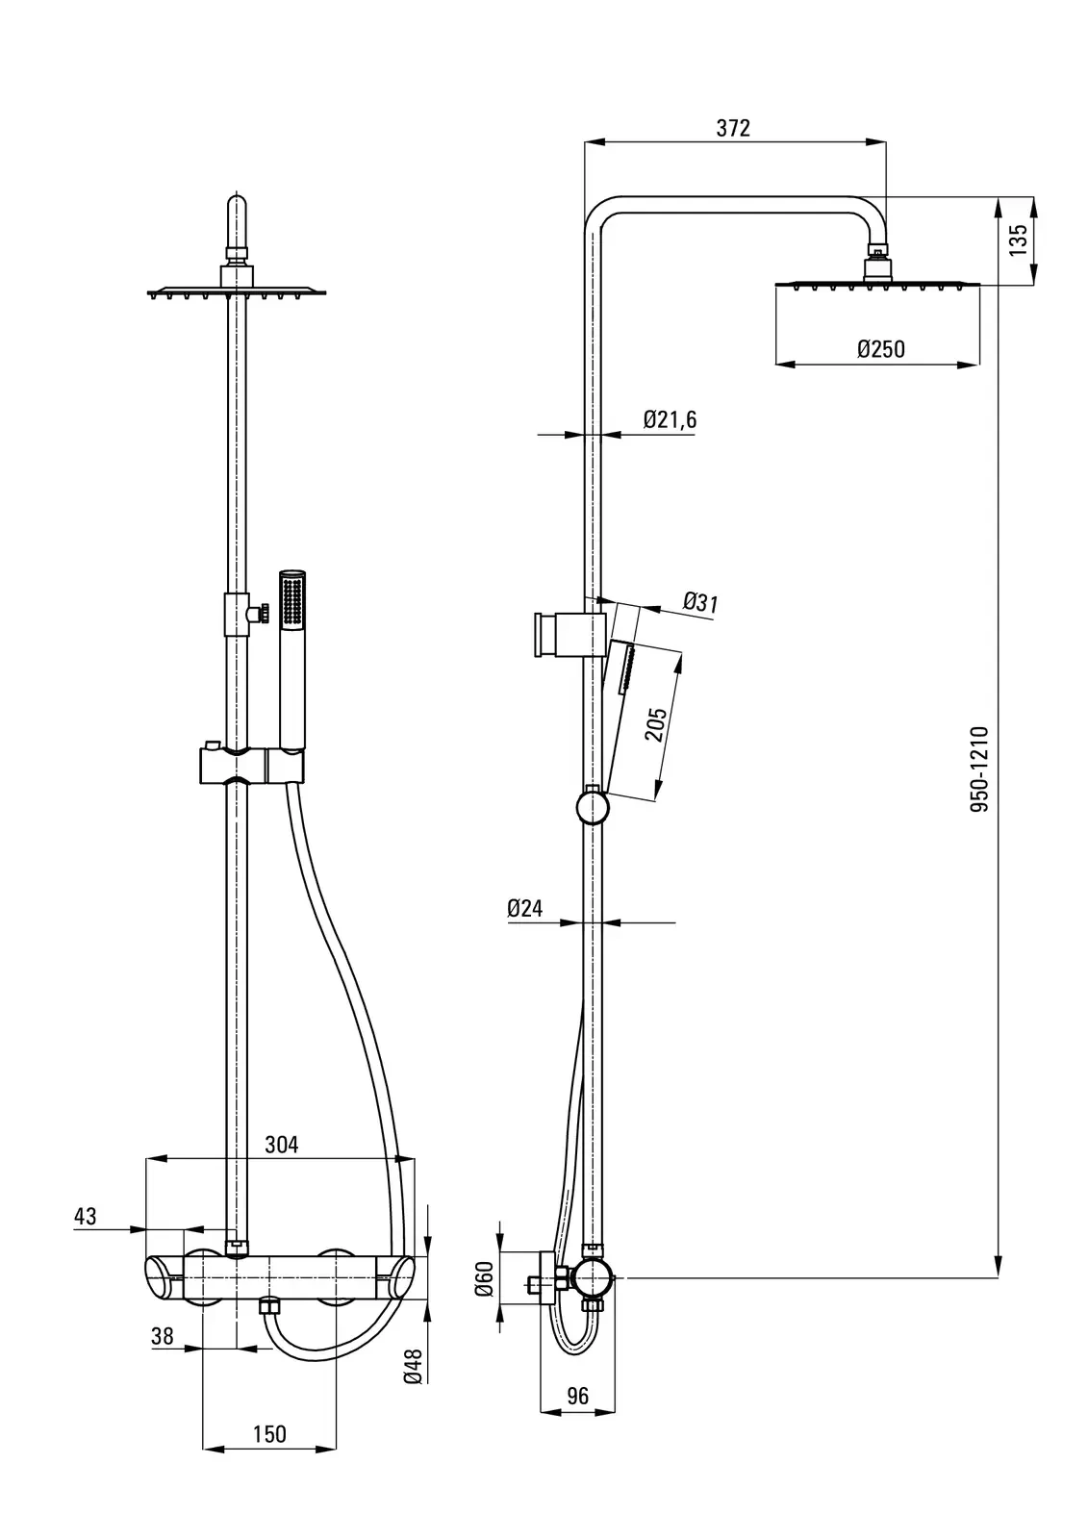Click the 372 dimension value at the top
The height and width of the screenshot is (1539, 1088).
733,129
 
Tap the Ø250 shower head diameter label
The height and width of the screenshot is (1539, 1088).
880,349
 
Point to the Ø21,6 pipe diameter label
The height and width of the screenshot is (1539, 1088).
670,419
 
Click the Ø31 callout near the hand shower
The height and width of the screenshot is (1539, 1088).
701,603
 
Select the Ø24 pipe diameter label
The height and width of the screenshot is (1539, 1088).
525,907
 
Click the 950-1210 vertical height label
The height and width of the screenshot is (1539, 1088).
979,769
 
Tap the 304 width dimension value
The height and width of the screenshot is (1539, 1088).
282,1145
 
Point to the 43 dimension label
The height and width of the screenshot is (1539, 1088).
86,1217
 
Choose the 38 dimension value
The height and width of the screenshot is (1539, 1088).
163,1335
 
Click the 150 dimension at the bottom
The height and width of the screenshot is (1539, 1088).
269,1434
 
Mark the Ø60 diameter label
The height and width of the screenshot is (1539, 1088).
485,1278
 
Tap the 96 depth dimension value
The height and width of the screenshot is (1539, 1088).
577,1397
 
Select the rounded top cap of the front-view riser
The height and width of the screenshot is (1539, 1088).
237,209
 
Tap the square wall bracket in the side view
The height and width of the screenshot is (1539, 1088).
544,634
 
